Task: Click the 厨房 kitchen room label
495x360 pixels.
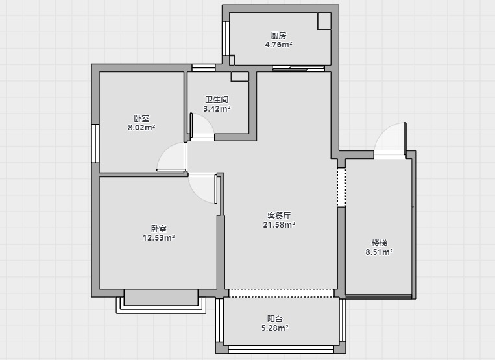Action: tap(278, 35)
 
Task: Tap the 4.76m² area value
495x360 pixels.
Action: tap(278, 45)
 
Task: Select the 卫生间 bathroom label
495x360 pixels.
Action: tap(217, 100)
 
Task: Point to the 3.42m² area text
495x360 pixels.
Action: tap(217, 109)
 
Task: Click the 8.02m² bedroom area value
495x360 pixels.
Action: tap(141, 128)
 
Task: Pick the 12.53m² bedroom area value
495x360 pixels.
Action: tap(159, 237)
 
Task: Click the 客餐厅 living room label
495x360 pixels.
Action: tap(279, 215)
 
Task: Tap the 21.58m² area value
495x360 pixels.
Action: tap(279, 224)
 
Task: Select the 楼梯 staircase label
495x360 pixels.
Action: tap(379, 243)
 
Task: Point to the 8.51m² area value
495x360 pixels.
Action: tap(379, 252)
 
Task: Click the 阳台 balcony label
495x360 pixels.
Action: tap(274, 318)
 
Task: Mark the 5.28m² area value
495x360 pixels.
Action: tap(274, 328)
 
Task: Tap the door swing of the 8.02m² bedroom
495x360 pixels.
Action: tap(164, 150)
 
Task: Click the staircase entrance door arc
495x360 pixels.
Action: tap(383, 132)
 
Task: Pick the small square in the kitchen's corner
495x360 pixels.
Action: tap(324, 21)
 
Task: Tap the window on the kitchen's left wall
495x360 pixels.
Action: tap(225, 38)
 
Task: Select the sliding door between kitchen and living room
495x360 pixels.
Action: tap(298, 68)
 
